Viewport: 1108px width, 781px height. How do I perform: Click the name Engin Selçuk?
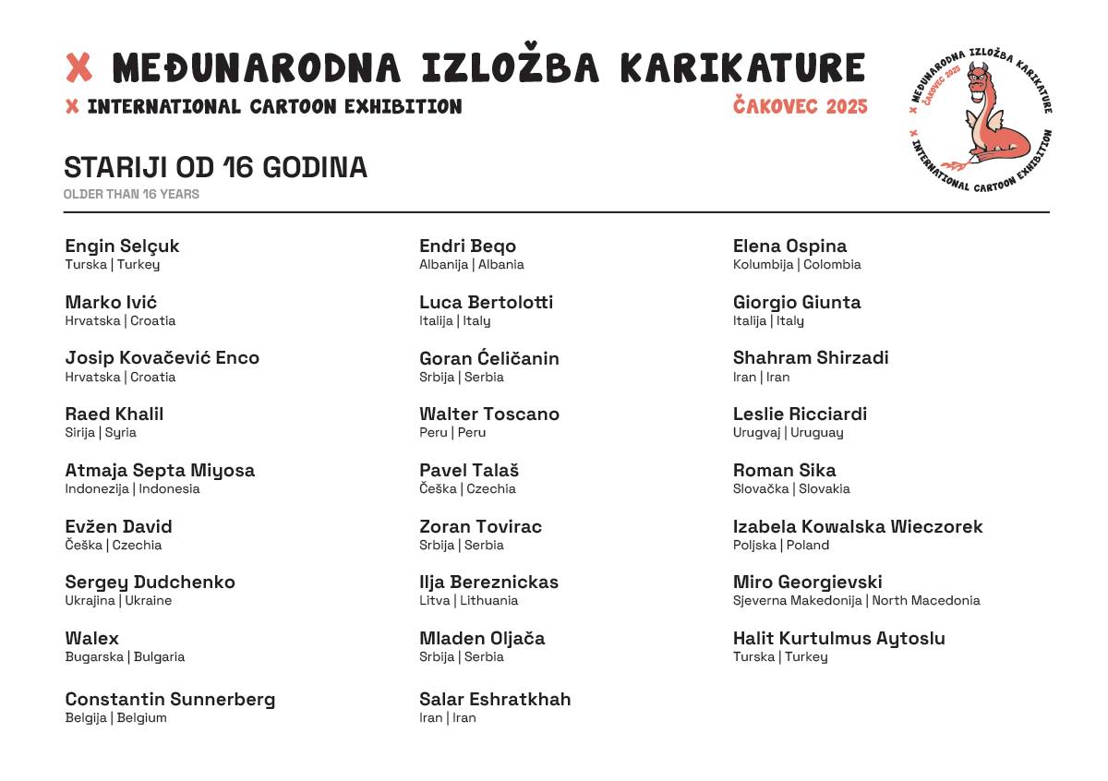tap(122, 246)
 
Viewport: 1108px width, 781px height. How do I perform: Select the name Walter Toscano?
tap(488, 415)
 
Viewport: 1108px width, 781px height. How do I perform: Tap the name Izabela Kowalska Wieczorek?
tap(857, 527)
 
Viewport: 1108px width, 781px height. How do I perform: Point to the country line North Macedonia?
tap(856, 601)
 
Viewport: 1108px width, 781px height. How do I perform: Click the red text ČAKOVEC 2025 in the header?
tap(800, 107)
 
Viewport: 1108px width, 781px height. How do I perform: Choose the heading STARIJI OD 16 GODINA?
tap(215, 168)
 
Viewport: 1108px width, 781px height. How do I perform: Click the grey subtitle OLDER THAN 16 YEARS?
tap(131, 195)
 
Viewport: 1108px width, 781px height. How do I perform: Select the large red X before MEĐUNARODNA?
tap(79, 67)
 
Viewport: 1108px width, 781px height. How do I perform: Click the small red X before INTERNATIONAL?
tap(72, 107)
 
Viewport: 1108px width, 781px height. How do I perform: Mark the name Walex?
tap(91, 639)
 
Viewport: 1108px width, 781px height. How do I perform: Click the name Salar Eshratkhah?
tap(494, 700)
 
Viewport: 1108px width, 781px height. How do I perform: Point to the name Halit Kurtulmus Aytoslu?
tap(838, 639)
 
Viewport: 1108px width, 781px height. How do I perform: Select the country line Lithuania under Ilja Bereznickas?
tap(468, 601)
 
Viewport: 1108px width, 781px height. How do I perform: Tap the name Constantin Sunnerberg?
tap(170, 700)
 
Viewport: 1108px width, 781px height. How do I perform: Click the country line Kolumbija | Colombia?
tap(796, 265)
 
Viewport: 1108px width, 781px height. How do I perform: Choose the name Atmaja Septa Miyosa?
tap(160, 471)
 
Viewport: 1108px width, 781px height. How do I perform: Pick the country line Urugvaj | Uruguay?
tap(788, 433)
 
